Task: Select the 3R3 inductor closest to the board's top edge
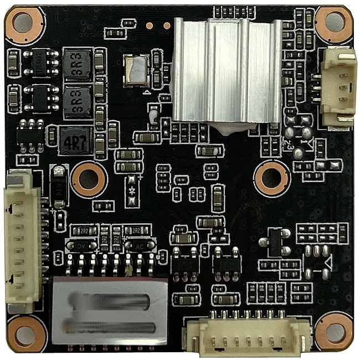(77, 61)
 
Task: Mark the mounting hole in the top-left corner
(23, 22)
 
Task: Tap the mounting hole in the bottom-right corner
(335, 332)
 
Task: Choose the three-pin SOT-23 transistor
(273, 241)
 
